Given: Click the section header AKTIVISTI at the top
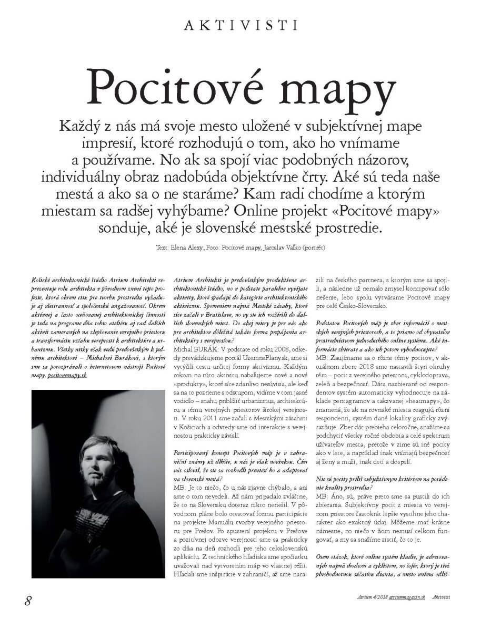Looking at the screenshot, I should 239,24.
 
